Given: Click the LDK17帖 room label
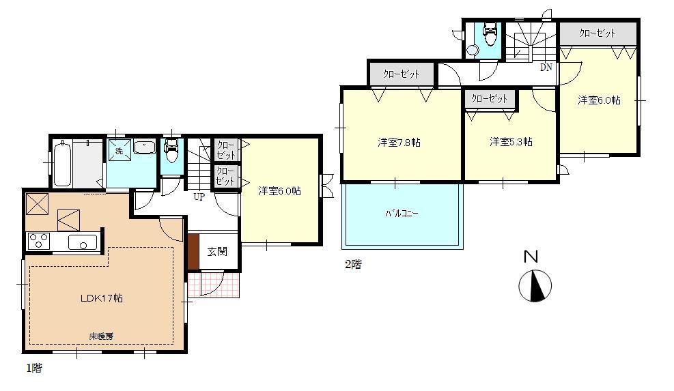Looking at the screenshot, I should click(101, 298).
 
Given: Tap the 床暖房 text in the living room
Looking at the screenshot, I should click(100, 336).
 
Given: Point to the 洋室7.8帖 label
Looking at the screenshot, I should click(399, 143).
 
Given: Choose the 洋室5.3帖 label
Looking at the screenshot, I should click(511, 142).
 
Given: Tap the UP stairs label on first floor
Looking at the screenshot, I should click(199, 197).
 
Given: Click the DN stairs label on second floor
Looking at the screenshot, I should click(546, 68).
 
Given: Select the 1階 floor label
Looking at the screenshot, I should click(33, 368).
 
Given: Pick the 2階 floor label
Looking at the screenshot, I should click(352, 265).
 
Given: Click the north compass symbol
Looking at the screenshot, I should click(535, 286).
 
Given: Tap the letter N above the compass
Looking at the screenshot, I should click(531, 257).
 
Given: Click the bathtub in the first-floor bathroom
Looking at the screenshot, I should click(61, 164).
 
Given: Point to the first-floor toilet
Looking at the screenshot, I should click(171, 152).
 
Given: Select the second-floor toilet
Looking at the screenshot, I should click(489, 33).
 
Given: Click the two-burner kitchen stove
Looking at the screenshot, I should click(37, 241).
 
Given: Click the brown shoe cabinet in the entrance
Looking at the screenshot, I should click(193, 251).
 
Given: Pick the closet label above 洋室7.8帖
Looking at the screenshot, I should click(401, 74).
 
